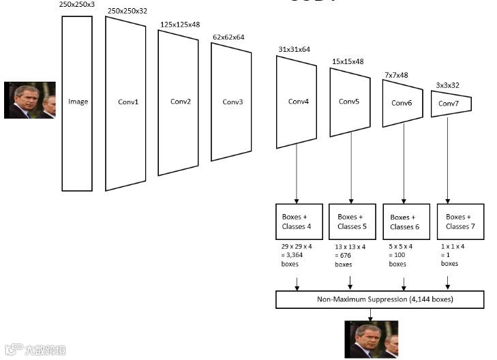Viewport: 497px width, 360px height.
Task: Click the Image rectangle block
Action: click(77, 103)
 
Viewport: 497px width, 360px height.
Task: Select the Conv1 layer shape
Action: click(125, 103)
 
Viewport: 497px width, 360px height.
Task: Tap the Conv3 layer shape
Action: click(231, 102)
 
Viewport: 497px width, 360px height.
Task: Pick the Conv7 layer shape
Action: click(451, 104)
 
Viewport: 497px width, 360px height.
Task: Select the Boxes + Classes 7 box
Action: click(461, 221)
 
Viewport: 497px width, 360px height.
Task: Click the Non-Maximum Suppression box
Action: click(380, 299)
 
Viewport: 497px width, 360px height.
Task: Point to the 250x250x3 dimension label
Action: click(77, 5)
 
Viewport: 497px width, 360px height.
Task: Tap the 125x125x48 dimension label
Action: click(179, 24)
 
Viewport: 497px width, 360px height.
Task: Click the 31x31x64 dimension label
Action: click(294, 49)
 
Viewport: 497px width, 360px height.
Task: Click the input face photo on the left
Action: click(29, 100)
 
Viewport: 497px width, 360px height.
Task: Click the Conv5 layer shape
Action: click(350, 102)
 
